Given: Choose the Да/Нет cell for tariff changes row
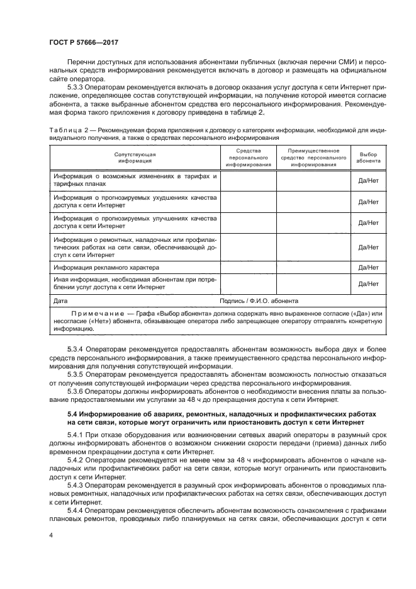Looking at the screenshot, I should (x=368, y=181).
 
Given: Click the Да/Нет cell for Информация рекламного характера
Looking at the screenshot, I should (x=368, y=268).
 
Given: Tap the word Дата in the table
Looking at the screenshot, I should (x=61, y=301).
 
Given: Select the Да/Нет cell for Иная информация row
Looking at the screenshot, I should (x=368, y=284).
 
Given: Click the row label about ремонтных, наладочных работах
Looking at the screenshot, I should (x=134, y=248).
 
